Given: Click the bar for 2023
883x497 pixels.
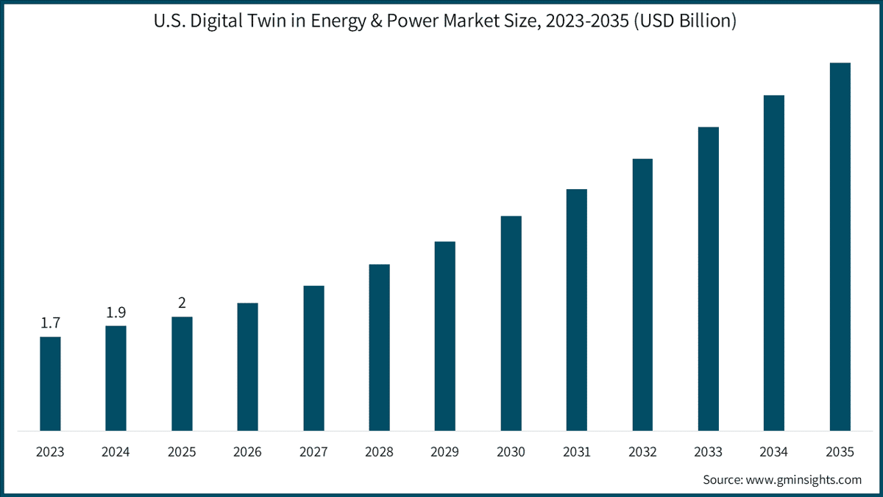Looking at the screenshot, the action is coord(51,384).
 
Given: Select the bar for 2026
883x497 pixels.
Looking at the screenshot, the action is coord(247,367).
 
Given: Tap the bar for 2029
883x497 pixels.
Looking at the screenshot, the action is coord(445,336).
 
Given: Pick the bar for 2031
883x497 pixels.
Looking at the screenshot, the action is coord(577,310).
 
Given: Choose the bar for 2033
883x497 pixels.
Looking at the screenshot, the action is coord(709,279).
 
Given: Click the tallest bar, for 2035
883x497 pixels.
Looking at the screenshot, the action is coord(840,247).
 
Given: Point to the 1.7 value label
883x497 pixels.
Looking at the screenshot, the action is coord(51,323).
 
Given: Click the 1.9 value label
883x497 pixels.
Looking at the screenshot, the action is coord(116,312).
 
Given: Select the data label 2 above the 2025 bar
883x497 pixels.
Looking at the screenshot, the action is coord(182,303).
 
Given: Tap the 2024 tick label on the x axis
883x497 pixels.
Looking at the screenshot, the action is coord(116,451).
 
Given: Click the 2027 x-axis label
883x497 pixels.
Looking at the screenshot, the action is coord(313,451).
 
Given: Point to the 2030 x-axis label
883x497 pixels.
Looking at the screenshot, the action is coord(511,451).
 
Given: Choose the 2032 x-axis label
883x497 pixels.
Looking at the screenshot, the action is coord(642,451).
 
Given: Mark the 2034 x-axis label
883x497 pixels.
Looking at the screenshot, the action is coord(774,451).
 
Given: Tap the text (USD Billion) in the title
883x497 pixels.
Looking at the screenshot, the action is coord(685,21).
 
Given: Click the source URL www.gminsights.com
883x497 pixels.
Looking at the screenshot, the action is coord(804,480).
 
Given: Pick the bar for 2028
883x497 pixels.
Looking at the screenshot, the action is coord(379,348).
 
